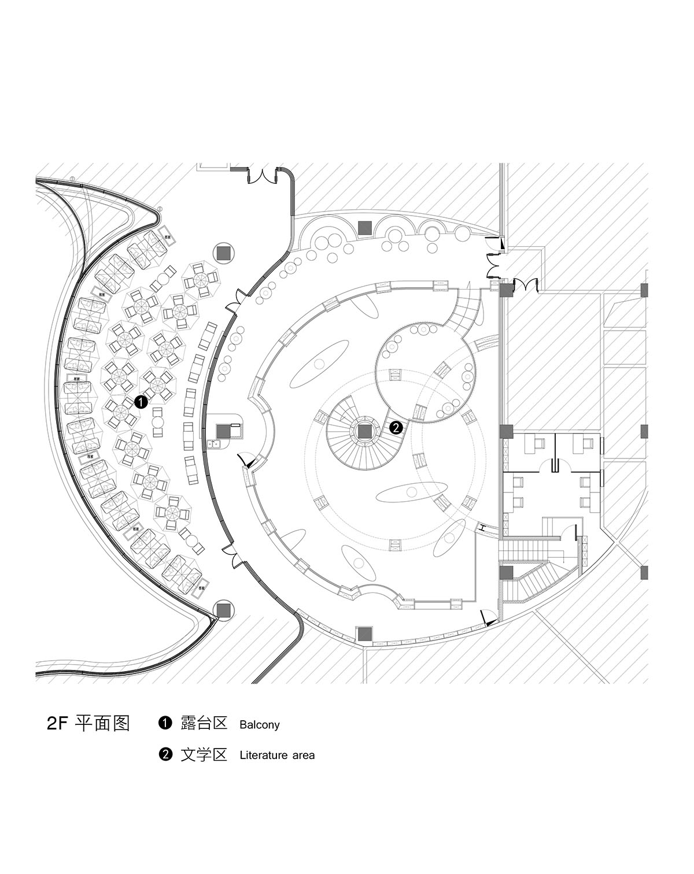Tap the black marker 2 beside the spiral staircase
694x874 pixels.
pyautogui.click(x=396, y=428)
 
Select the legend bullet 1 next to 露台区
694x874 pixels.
pyautogui.click(x=165, y=723)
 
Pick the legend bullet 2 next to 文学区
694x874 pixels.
pyautogui.click(x=165, y=754)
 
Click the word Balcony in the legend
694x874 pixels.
pyautogui.click(x=259, y=724)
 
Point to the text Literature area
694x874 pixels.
pyautogui.click(x=277, y=755)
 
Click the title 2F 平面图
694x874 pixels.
pyautogui.click(x=88, y=724)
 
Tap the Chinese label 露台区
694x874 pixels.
pyautogui.click(x=204, y=724)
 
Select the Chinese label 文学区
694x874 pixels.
pyautogui.click(x=204, y=754)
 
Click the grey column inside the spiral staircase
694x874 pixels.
pyautogui.click(x=364, y=431)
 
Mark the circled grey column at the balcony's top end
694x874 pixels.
pyautogui.click(x=224, y=252)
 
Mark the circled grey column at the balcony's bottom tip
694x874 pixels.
pyautogui.click(x=223, y=609)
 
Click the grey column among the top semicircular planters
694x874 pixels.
pyautogui.click(x=364, y=228)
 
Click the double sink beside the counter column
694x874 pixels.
pyautogui.click(x=215, y=444)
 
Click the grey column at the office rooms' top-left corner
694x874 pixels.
pyautogui.click(x=506, y=431)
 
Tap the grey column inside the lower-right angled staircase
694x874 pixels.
pyautogui.click(x=506, y=572)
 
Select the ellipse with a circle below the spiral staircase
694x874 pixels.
pyautogui.click(x=408, y=492)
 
